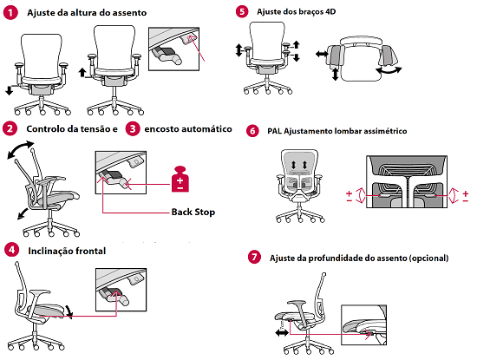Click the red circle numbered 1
(x=11, y=13)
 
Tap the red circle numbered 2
(x=10, y=128)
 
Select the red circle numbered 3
(x=133, y=128)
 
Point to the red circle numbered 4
(x=12, y=250)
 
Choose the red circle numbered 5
(x=242, y=11)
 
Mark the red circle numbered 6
(x=252, y=131)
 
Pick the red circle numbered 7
(x=254, y=257)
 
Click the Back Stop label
(x=193, y=212)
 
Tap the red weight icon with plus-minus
(x=180, y=179)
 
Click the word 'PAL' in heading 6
(x=274, y=131)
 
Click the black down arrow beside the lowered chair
(x=10, y=90)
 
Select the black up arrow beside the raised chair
(x=82, y=72)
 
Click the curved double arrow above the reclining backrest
(x=19, y=148)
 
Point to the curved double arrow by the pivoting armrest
(x=389, y=71)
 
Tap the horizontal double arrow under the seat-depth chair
(x=282, y=333)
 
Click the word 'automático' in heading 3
(x=206, y=128)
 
